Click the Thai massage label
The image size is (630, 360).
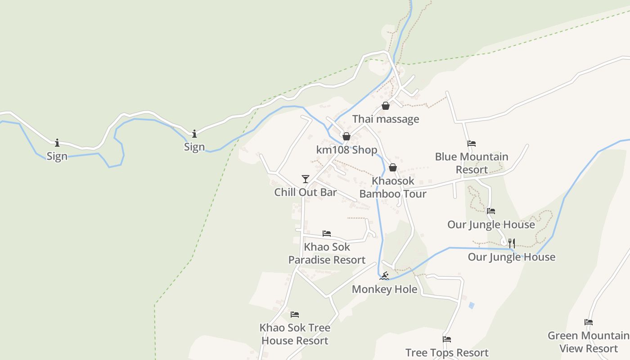coord(386,119)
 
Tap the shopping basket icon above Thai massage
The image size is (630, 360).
coord(386,106)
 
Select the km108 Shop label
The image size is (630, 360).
coord(346,150)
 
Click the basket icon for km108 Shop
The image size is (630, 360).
coord(346,136)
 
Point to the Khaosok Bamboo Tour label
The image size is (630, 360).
coord(393,187)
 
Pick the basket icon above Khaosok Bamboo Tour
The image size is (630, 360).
coord(393,167)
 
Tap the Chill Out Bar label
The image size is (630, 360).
coord(306,192)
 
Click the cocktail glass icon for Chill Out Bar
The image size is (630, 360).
coord(306,179)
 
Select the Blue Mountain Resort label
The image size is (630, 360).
coord(472,163)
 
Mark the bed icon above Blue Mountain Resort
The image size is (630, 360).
coord(472,144)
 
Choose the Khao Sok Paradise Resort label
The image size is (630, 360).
coord(327,253)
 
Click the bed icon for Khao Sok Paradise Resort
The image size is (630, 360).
coord(327,233)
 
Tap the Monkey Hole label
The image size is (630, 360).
coord(384,289)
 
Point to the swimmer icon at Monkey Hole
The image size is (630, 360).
coord(384,276)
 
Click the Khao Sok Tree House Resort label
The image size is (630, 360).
coord(295,334)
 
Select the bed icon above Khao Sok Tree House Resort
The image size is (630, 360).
coord(295,314)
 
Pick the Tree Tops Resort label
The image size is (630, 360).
coord(447,352)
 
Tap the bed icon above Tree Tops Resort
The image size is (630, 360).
coord(447,339)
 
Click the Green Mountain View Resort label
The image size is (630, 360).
coord(589,342)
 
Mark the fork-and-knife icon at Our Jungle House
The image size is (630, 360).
coord(512,243)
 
